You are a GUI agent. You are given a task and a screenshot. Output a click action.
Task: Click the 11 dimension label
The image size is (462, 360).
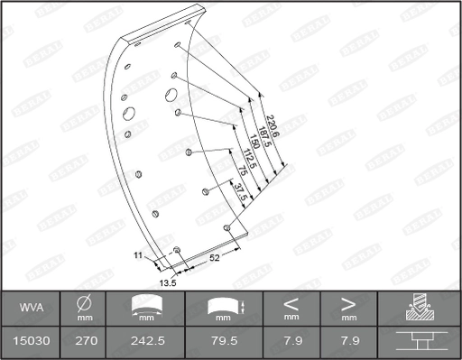pyautogui.click(x=138, y=256)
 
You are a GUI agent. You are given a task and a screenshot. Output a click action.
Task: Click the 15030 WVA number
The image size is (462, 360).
pyautogui.click(x=32, y=341)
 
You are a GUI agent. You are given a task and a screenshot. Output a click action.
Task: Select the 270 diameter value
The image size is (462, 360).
pyautogui.click(x=84, y=341)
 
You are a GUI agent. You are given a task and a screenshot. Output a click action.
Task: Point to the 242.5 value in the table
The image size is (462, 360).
pyautogui.click(x=145, y=341)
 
